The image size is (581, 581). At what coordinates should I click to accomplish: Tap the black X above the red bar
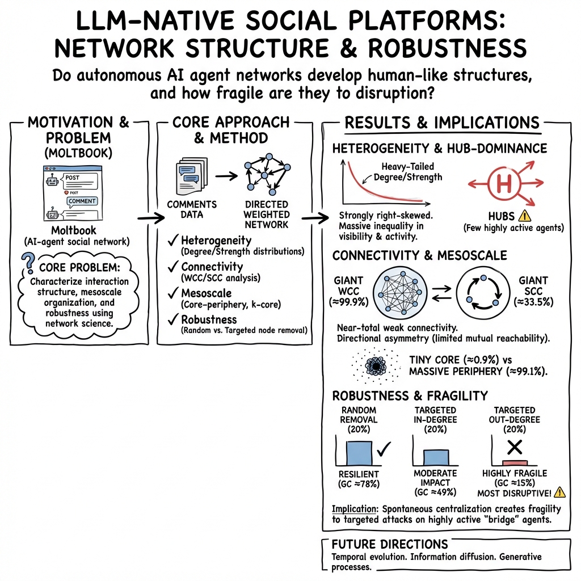click(514, 448)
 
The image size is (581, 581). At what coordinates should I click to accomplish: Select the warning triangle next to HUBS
click(524, 216)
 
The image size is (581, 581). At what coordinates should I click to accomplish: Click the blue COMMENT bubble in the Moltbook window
click(82, 201)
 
